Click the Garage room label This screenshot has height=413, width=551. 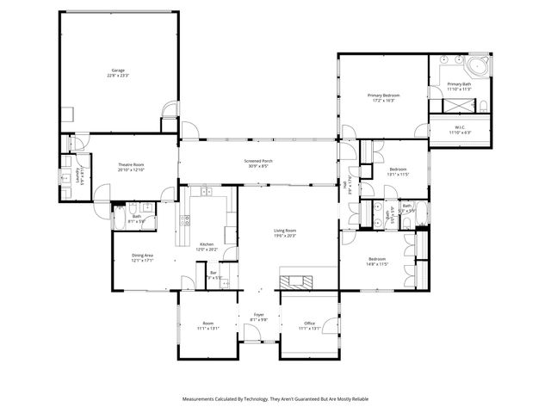(118, 71)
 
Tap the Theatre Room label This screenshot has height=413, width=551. (131, 167)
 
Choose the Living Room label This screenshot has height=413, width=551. (285, 233)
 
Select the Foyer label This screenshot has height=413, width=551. (258, 317)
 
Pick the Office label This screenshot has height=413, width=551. (309, 325)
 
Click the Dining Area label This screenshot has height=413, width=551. (142, 257)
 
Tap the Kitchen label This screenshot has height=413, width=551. (207, 247)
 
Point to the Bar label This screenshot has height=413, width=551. (214, 274)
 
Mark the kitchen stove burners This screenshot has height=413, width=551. (184, 220)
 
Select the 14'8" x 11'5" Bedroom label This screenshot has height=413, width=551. (378, 262)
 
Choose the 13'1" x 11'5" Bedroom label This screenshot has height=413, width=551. (397, 171)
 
